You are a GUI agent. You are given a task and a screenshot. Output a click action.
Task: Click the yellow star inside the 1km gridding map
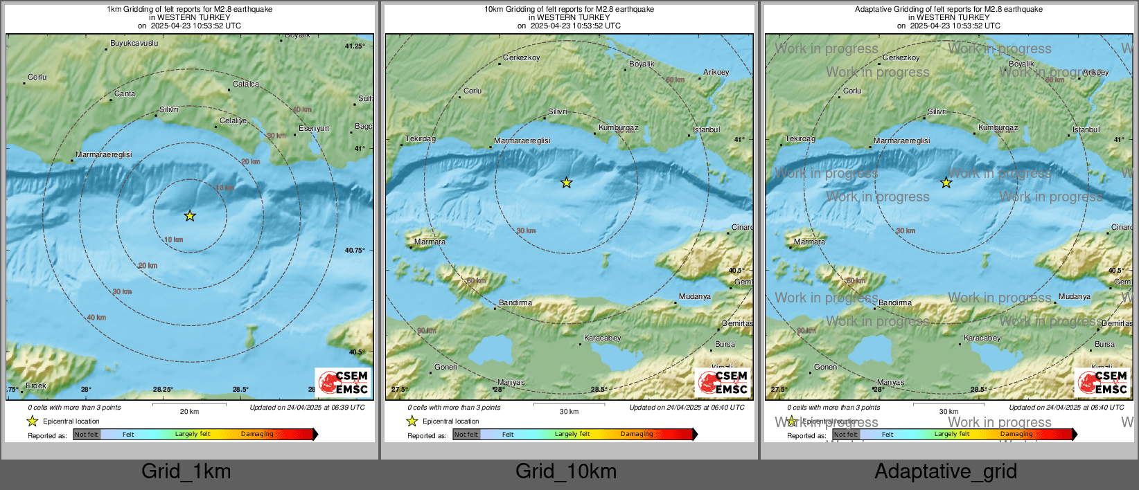(x=190, y=216)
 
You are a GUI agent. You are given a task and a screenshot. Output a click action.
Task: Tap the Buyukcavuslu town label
(x=134, y=44)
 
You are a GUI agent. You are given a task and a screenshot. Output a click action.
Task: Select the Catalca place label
(x=246, y=84)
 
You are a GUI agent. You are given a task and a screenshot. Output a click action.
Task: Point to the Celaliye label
(x=233, y=121)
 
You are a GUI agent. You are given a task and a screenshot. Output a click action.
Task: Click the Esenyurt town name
(x=314, y=129)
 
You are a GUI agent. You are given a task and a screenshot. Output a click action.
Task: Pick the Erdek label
(x=36, y=386)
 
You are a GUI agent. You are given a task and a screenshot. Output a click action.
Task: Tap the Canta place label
(x=125, y=94)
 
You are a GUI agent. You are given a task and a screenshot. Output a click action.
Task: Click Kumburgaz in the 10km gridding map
(x=619, y=128)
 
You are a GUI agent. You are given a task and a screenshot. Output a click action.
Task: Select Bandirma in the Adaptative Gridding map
(x=895, y=303)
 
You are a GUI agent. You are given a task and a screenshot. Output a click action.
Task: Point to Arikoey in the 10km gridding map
(x=716, y=73)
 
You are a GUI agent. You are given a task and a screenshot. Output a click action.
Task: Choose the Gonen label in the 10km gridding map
(x=445, y=367)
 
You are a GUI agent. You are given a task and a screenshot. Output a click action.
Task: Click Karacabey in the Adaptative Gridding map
(x=982, y=338)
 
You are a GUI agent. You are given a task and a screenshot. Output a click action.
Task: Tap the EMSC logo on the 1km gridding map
(x=344, y=382)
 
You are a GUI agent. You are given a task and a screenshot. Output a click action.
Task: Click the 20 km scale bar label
(x=189, y=412)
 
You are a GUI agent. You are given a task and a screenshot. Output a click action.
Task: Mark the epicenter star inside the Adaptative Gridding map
(x=946, y=183)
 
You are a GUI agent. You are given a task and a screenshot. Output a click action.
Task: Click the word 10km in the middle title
(x=494, y=10)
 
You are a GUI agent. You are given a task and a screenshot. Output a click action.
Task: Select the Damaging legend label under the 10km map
(x=637, y=435)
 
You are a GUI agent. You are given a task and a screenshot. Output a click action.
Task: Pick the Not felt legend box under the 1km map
(x=87, y=435)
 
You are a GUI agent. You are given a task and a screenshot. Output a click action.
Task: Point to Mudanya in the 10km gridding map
(x=695, y=297)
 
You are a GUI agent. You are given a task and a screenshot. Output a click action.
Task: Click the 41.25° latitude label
(x=355, y=46)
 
